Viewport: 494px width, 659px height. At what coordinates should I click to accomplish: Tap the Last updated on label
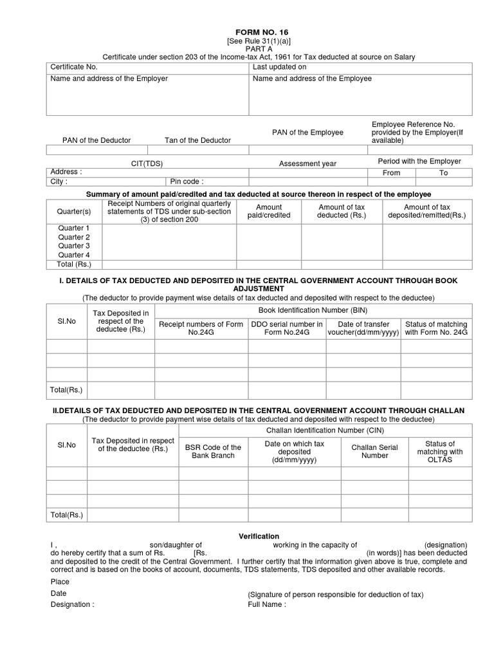279,67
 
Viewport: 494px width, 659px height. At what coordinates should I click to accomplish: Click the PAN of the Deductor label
96,140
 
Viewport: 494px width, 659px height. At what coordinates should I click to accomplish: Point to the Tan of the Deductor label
197,140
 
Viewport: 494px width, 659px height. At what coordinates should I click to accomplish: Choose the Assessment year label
307,164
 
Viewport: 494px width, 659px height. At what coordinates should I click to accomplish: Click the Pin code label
187,181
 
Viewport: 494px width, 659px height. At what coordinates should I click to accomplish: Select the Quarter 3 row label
74,246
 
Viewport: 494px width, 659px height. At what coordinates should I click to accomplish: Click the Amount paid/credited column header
269,211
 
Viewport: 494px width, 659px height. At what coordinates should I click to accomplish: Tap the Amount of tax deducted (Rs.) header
342,211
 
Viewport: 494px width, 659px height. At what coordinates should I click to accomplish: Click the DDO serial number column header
286,328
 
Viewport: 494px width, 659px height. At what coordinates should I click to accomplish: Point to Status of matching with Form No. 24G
436,328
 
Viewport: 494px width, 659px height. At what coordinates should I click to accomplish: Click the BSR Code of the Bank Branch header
213,452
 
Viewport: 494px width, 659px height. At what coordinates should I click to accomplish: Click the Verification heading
259,536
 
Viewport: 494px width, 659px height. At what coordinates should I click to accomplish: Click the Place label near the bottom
59,582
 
